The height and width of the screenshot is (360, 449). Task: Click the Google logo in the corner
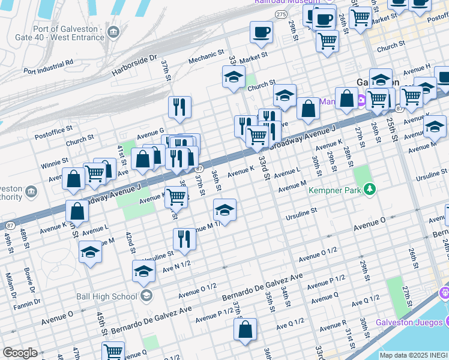point(20,353)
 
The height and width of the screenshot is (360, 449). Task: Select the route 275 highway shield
point(280,13)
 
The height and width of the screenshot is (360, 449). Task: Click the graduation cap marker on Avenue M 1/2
point(224,210)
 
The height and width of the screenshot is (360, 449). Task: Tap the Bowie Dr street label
point(28,285)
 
